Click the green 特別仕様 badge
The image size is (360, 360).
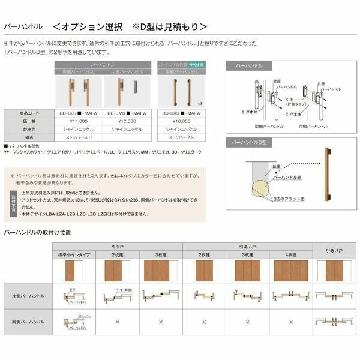(x=196, y=62)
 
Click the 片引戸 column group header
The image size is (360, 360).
(x=117, y=247)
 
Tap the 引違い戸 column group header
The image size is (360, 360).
(x=247, y=247)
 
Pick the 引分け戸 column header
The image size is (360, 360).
(x=334, y=250)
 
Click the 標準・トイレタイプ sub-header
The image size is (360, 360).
(x=74, y=255)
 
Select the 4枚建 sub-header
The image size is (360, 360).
(x=292, y=255)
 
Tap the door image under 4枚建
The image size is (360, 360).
(x=292, y=272)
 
